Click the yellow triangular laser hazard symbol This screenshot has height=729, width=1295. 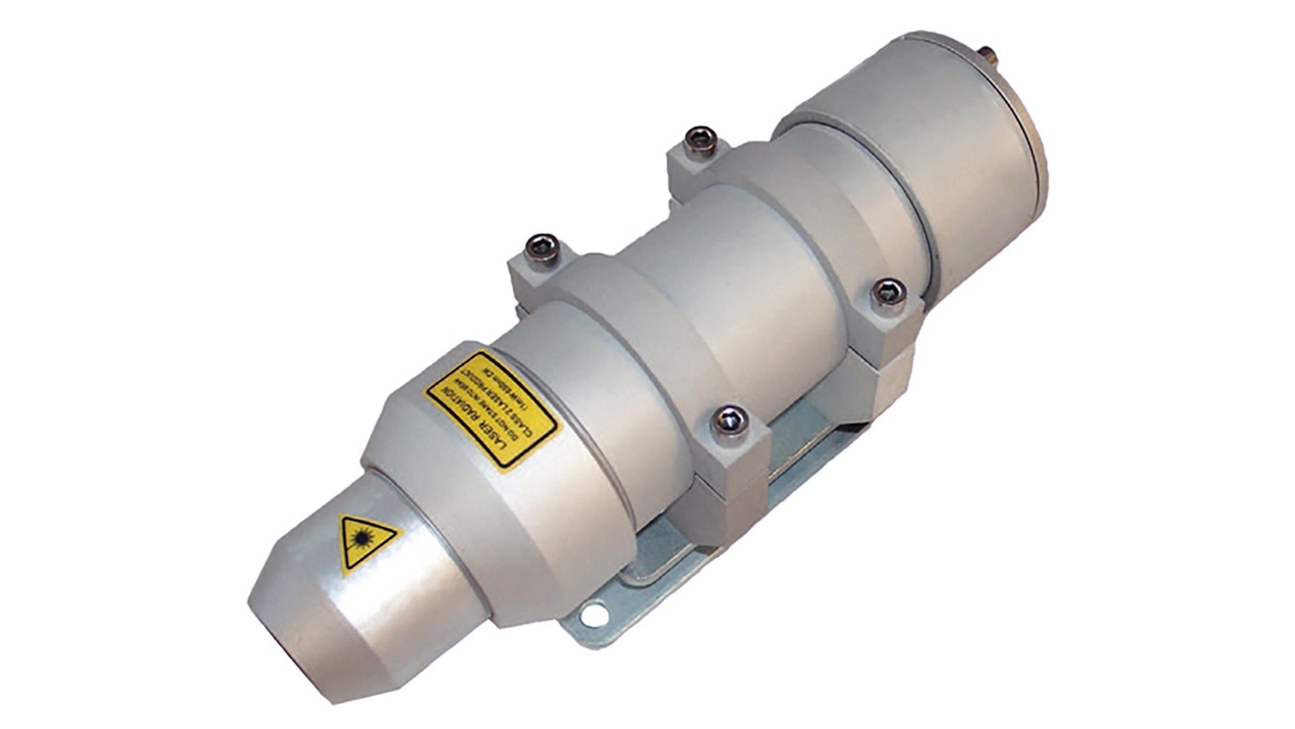tap(366, 542)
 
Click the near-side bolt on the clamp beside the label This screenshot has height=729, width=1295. tap(730, 422)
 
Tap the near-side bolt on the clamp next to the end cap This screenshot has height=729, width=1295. tap(888, 293)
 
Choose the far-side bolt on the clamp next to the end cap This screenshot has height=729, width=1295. tap(699, 139)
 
